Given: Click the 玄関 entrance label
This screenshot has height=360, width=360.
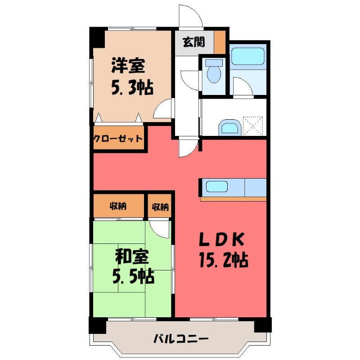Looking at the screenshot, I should tap(193, 42).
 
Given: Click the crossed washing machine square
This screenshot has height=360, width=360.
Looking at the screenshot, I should tap(252, 125).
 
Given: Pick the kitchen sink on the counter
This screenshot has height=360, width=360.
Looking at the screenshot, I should tap(217, 186).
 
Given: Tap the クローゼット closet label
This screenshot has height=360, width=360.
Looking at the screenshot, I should tap(118, 139).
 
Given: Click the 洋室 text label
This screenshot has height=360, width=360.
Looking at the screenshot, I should tap(128, 67).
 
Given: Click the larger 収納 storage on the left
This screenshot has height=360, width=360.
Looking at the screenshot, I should tap(118, 207).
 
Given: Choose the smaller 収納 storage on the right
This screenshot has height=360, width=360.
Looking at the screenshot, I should tap(160, 207).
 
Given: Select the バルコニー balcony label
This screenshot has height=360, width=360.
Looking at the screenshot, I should tap(180, 338).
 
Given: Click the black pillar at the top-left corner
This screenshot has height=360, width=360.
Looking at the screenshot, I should tap(96, 37).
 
